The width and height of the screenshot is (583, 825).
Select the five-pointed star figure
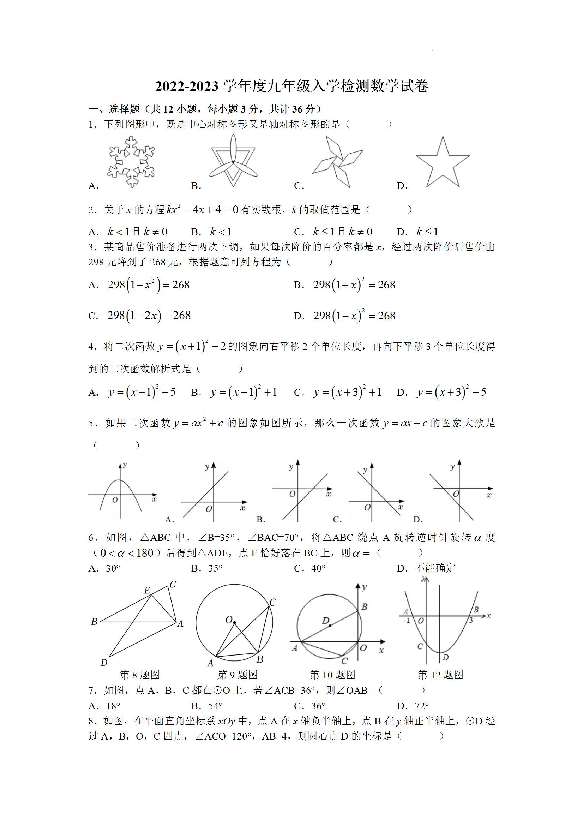point(443,162)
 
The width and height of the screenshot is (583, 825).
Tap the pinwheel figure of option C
point(338,161)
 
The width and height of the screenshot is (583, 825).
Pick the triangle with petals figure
point(233,161)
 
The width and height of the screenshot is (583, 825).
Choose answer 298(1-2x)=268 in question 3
point(149,316)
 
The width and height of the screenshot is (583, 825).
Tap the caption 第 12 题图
point(440,675)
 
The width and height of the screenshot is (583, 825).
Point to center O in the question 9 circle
point(229,620)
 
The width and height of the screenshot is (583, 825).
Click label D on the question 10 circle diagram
point(325,621)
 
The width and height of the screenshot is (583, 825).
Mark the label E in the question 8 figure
point(147,590)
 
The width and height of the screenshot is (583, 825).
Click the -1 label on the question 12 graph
point(407,621)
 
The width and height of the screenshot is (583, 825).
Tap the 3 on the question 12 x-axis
point(470,621)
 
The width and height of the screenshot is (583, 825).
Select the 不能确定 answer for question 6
point(435,568)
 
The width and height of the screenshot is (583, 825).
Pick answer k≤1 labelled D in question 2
point(427,232)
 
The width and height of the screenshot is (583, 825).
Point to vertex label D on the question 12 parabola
point(445,657)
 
